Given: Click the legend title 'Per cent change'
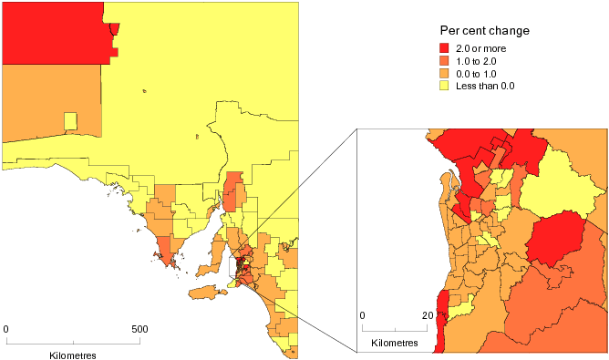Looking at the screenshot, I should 485,30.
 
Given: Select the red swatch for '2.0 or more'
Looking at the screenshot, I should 445,48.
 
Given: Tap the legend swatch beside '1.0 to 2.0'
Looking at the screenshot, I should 445,61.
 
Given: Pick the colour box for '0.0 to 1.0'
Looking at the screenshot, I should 445,74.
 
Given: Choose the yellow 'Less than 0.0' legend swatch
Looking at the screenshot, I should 445,87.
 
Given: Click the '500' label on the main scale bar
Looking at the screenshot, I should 139,328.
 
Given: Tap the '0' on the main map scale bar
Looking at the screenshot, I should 6,328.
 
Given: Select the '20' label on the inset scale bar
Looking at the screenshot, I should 426,315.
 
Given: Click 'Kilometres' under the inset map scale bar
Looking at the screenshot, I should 394,345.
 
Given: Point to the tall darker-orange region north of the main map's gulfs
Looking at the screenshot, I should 234,191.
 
